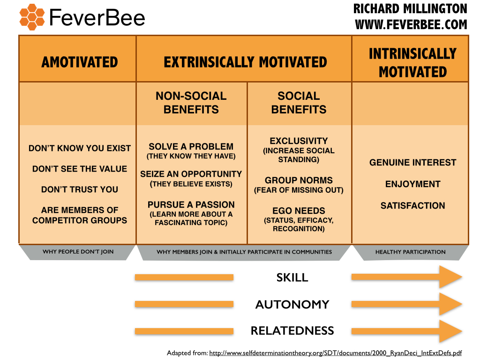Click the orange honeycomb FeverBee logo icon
(x=32, y=17)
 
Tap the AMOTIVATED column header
(x=80, y=62)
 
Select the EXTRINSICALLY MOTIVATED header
(x=245, y=62)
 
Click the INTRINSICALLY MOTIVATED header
(x=412, y=63)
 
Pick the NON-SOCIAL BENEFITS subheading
(x=191, y=103)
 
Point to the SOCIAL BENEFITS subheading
(x=299, y=103)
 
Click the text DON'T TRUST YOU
(x=80, y=189)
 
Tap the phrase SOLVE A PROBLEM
(x=191, y=147)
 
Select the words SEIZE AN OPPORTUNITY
(x=191, y=174)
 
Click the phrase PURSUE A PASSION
(x=191, y=204)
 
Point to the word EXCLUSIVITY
(x=299, y=141)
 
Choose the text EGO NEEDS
(x=299, y=210)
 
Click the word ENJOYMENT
(x=412, y=184)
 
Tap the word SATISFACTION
(x=412, y=205)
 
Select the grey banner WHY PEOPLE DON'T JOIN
(x=78, y=252)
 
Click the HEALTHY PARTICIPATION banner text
(x=411, y=252)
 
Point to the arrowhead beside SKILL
(x=450, y=277)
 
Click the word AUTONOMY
(x=292, y=304)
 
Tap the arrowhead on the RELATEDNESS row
(x=450, y=331)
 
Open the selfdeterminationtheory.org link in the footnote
(x=336, y=353)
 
